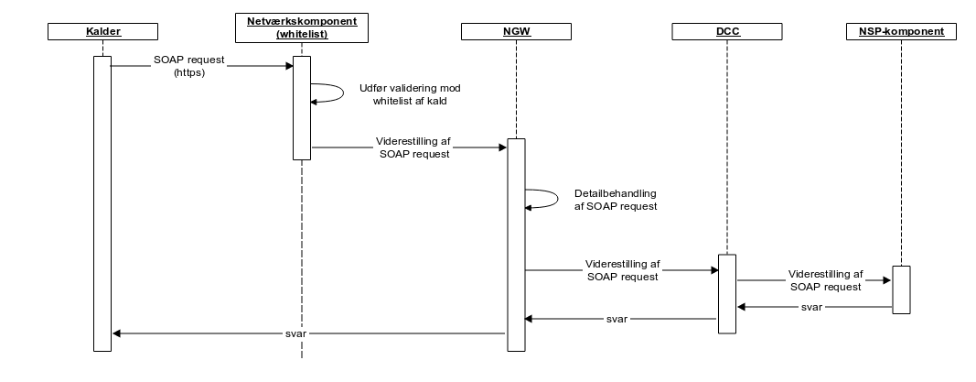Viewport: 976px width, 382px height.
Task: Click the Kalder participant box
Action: click(102, 33)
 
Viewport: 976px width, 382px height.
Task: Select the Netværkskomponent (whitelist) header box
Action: click(301, 26)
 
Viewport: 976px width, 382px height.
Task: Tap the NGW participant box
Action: click(515, 33)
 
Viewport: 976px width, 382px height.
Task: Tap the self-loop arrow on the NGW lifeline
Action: click(542, 199)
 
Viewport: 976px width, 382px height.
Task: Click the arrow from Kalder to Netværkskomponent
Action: click(201, 65)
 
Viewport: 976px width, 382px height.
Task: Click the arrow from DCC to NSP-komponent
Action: click(813, 281)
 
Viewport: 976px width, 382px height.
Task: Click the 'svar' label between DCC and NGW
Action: click(617, 320)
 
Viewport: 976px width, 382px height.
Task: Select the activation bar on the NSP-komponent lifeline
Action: click(900, 289)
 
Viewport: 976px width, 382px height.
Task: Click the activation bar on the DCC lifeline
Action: click(726, 293)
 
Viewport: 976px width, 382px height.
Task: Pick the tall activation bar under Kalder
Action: click(102, 202)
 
